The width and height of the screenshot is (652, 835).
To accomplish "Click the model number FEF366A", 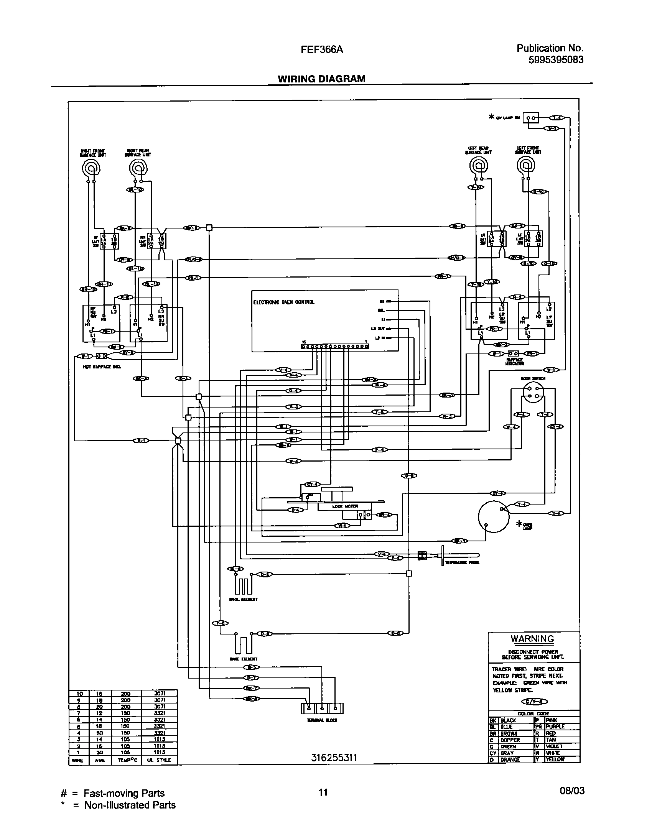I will pyautogui.click(x=321, y=49).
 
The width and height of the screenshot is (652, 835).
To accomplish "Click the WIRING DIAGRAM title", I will pyautogui.click(x=321, y=79).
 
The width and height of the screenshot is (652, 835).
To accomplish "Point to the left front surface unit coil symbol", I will pyautogui.click(x=525, y=166).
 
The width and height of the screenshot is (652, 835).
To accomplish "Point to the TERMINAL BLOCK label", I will pyautogui.click(x=322, y=720).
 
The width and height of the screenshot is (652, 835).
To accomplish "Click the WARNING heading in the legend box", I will pyautogui.click(x=532, y=639).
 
